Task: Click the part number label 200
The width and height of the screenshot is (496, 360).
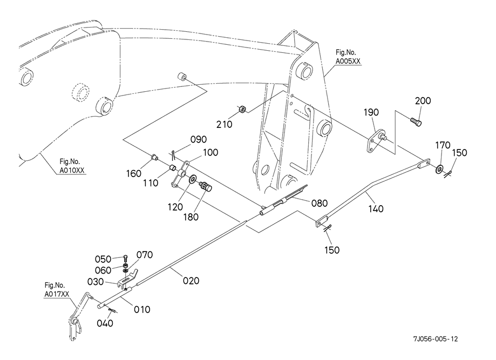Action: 423,100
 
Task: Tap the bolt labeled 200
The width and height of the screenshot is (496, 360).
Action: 416,121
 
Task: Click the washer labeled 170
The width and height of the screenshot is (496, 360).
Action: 439,169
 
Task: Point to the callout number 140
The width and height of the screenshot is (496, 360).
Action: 376,208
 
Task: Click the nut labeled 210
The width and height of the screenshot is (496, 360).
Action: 243,110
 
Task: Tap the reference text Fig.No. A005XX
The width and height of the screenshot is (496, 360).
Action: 348,57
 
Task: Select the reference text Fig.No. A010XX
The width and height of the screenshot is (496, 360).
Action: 72,166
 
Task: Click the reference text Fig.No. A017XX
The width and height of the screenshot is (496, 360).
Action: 57,290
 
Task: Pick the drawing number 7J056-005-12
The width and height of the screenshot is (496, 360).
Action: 435,339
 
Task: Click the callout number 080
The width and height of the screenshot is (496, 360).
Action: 319,203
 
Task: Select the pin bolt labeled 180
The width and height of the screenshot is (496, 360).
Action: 205,186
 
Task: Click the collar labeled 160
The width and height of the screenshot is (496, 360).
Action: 154,157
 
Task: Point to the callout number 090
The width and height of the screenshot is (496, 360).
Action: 198,139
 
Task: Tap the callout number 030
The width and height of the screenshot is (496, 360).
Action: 95,282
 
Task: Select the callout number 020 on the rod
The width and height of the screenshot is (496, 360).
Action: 191,281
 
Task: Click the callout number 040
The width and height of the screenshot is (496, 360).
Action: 105,323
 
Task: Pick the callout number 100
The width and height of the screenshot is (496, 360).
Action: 210,153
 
